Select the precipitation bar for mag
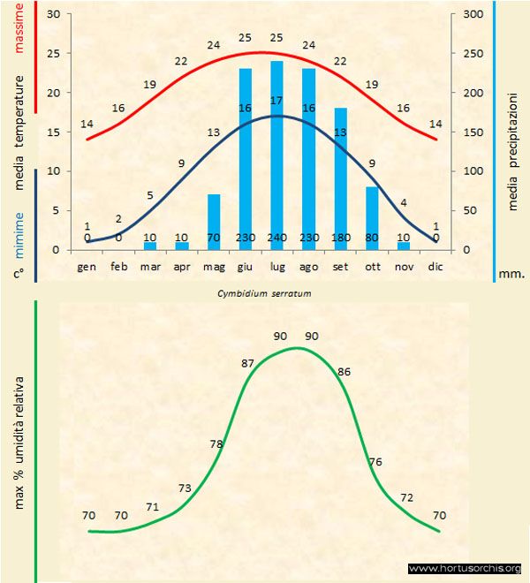214,222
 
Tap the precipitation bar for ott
372,217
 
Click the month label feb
119,266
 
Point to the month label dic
435,266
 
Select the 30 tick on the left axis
53,15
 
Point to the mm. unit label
511,274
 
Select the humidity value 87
247,363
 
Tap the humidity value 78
216,444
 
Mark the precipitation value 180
340,238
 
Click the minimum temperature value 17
276,101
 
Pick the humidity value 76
375,462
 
